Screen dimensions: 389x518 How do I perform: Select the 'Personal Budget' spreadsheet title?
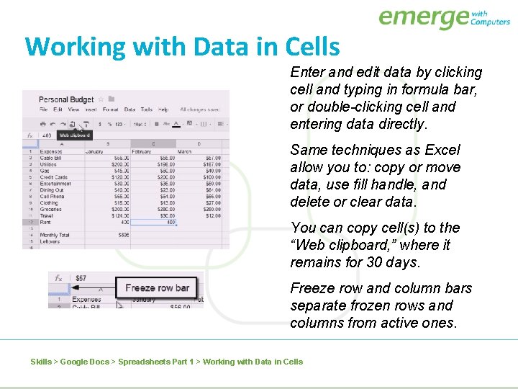(x=66, y=99)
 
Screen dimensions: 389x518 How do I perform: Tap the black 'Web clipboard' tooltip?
(x=75, y=135)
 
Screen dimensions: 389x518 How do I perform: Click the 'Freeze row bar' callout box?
(x=158, y=287)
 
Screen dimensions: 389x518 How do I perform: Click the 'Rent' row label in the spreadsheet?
(x=45, y=222)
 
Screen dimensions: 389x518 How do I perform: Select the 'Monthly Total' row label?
(x=54, y=235)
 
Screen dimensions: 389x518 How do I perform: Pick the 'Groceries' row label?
(x=51, y=209)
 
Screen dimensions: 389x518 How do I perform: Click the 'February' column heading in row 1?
(x=142, y=152)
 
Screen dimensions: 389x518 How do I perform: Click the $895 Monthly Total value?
(x=123, y=235)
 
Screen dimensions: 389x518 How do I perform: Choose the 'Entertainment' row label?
(x=55, y=184)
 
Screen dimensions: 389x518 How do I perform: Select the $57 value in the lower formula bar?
(x=81, y=278)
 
